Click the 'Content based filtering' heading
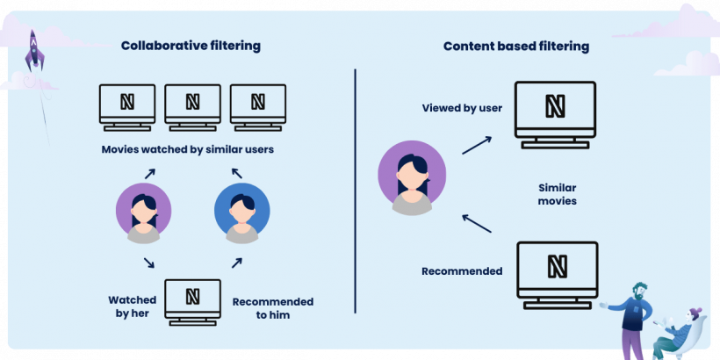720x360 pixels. tap(515, 46)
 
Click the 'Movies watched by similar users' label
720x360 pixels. tap(188, 149)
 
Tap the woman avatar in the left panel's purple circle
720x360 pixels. tap(143, 213)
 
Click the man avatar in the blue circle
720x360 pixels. tap(242, 213)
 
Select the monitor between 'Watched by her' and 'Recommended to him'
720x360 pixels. tap(192, 301)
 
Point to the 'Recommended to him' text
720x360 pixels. tap(273, 308)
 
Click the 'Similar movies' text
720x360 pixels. tap(558, 194)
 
